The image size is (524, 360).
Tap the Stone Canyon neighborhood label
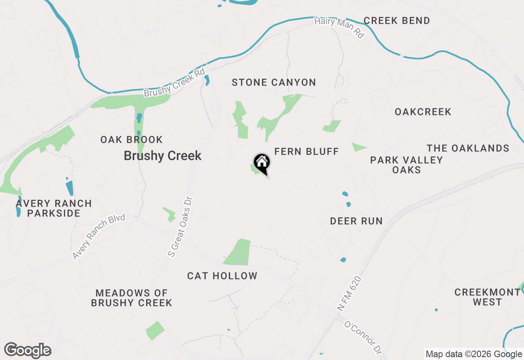click(x=274, y=83)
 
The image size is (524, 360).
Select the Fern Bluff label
click(x=307, y=152)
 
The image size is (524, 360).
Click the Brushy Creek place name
click(x=163, y=156)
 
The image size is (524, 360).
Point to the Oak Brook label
click(x=131, y=140)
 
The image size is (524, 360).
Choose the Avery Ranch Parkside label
click(x=54, y=208)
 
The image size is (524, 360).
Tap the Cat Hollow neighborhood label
click(x=222, y=276)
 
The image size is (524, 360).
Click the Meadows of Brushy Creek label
click(x=131, y=298)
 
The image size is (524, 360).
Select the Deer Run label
click(x=356, y=221)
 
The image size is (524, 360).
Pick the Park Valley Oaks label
click(x=407, y=165)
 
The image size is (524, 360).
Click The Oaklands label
click(x=468, y=148)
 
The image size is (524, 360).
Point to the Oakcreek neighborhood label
click(x=423, y=112)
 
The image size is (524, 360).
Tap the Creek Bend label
click(x=397, y=21)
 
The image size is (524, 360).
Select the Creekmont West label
click(x=487, y=297)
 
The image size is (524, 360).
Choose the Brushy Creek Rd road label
click(x=174, y=83)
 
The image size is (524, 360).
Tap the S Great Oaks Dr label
click(x=181, y=227)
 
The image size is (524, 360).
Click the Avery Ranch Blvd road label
click(x=99, y=237)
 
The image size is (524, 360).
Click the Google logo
click(x=28, y=350)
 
